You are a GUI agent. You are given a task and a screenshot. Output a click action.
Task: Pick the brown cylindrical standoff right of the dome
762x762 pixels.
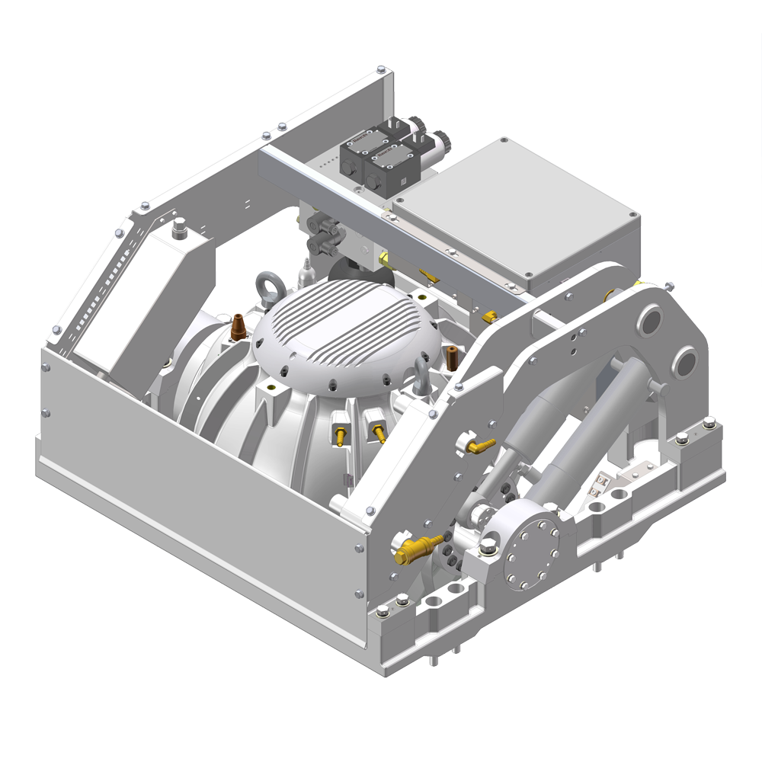(x=453, y=355)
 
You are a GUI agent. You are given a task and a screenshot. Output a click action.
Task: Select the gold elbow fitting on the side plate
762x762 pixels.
(x=481, y=444)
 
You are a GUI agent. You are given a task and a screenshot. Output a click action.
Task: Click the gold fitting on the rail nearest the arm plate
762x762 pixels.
(x=489, y=315)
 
